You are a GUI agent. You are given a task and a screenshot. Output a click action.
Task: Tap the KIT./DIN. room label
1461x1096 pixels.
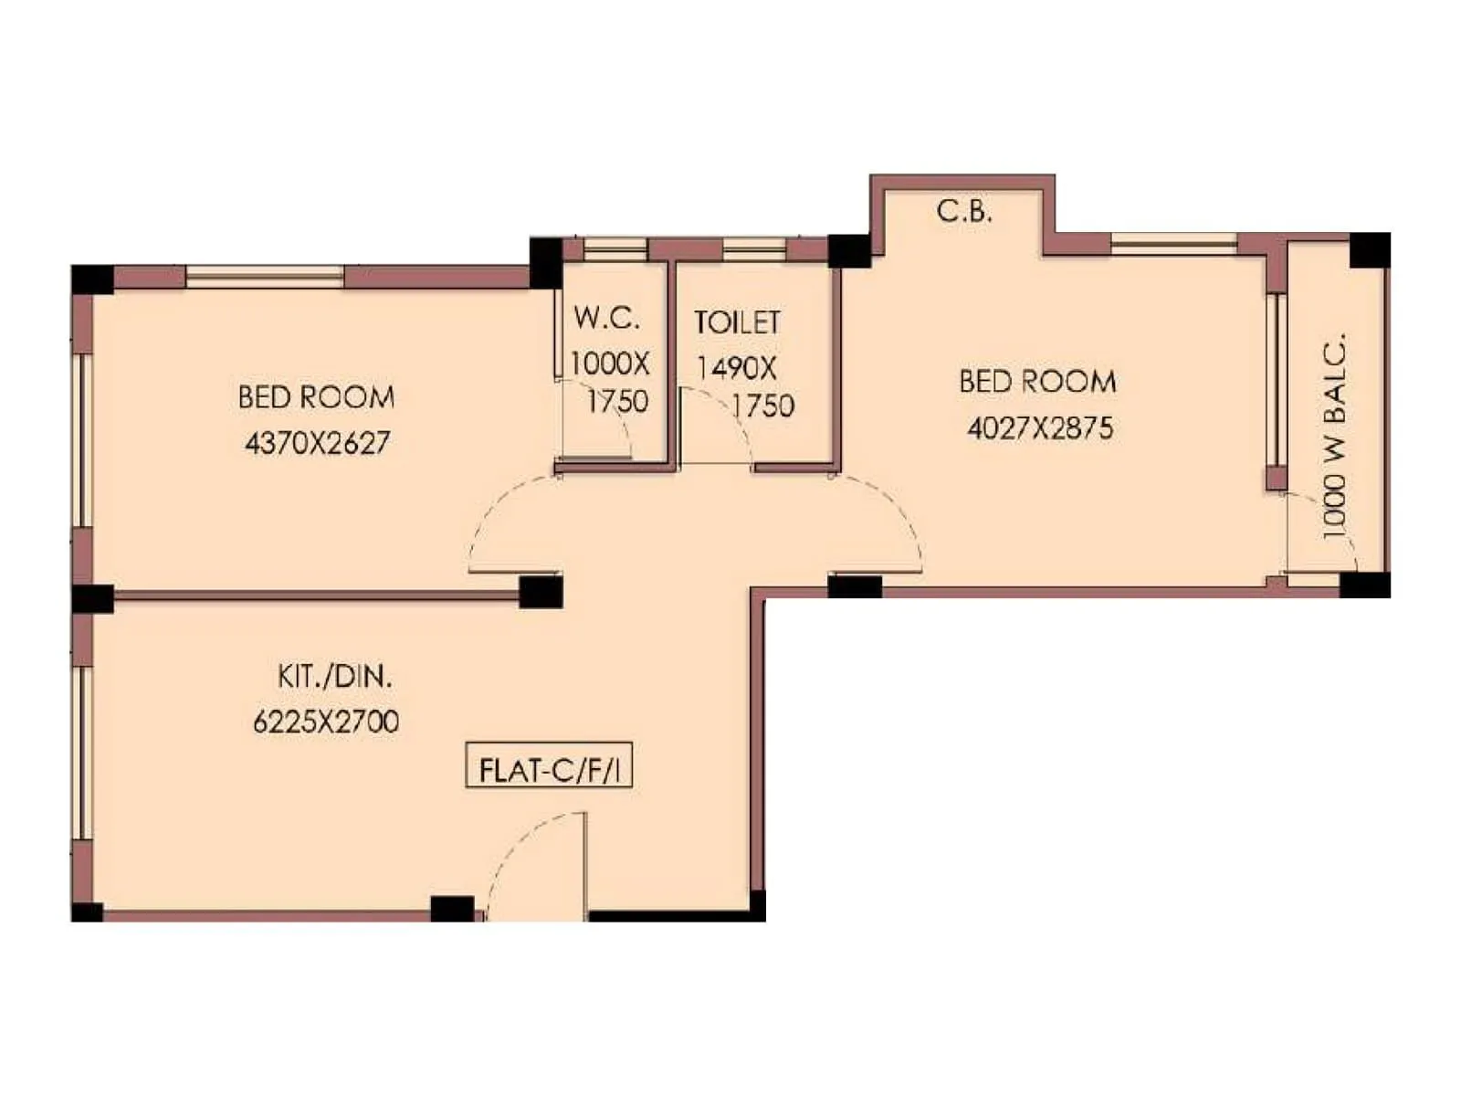335,677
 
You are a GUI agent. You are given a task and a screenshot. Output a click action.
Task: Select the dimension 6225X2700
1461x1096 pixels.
326,722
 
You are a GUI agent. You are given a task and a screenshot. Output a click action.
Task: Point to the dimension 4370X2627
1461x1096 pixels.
317,443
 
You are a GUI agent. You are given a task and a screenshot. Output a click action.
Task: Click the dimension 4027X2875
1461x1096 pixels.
1040,427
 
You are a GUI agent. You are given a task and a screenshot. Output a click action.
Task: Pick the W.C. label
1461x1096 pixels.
606,318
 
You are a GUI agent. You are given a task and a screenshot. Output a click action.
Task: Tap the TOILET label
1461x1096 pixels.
737,321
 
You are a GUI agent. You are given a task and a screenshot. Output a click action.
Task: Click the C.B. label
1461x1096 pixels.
964,211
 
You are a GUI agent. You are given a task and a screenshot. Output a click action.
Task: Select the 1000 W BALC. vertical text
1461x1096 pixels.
1334,436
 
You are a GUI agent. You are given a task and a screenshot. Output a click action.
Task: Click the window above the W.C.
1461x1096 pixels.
615,248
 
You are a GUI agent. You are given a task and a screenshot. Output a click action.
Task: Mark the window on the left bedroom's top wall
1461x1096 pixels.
265,276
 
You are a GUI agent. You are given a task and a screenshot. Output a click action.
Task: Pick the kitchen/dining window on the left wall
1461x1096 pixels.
83,753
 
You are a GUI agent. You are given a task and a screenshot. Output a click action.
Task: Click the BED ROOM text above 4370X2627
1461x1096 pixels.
316,397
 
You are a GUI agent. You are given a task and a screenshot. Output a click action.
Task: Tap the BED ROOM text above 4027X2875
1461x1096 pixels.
1037,381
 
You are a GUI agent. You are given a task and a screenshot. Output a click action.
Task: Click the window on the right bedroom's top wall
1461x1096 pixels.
1173,243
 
